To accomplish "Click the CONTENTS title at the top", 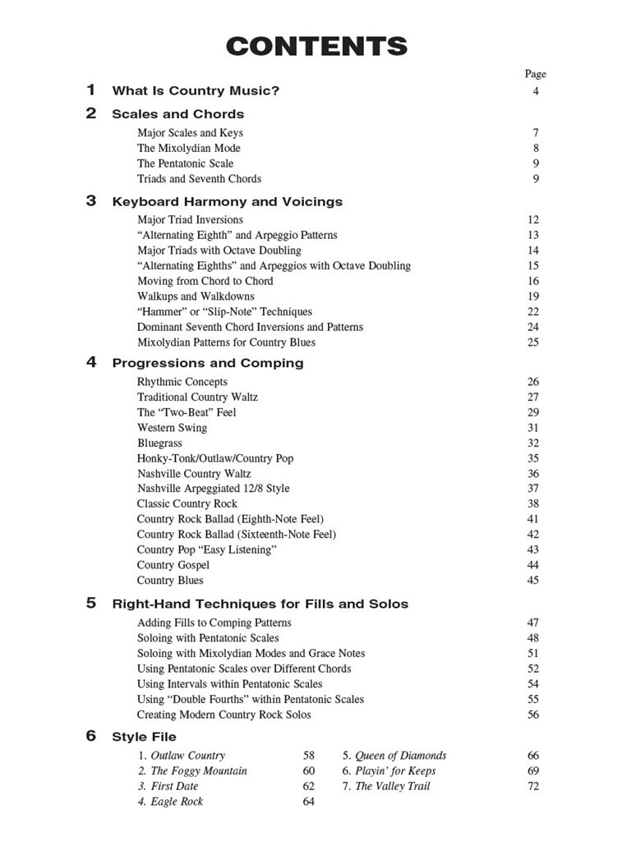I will click(x=316, y=46).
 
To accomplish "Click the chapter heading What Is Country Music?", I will click(x=196, y=91).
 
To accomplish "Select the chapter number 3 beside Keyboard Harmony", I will click(x=91, y=200).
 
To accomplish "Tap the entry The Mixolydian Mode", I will click(x=189, y=148).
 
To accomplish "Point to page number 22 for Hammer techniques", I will click(x=533, y=312).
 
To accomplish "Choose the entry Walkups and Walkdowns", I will click(x=196, y=296).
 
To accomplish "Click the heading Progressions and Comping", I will click(x=208, y=363).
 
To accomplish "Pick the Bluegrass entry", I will click(x=160, y=443).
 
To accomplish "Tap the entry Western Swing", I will click(x=173, y=428).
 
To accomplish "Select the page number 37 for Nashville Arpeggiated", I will click(x=533, y=489).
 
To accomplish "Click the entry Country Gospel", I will click(x=173, y=565).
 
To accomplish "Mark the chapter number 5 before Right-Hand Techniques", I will click(x=91, y=603).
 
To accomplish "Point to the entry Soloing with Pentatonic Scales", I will click(x=208, y=638).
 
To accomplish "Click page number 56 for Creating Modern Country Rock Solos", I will click(x=533, y=715).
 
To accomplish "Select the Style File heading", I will click(x=144, y=737).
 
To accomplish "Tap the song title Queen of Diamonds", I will click(x=400, y=756).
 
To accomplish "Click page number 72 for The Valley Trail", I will click(x=533, y=786).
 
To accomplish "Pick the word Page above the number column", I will click(x=535, y=74).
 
